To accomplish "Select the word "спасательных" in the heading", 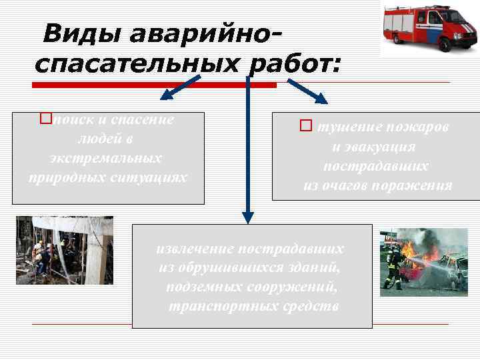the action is pyautogui.click(x=136, y=65).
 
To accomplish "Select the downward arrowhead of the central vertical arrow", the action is pyautogui.click(x=248, y=216).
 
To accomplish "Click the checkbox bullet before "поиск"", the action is pyautogui.click(x=45, y=119).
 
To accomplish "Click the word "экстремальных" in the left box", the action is pyautogui.click(x=106, y=159).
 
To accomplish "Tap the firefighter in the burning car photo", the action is pyautogui.click(x=393, y=265).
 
